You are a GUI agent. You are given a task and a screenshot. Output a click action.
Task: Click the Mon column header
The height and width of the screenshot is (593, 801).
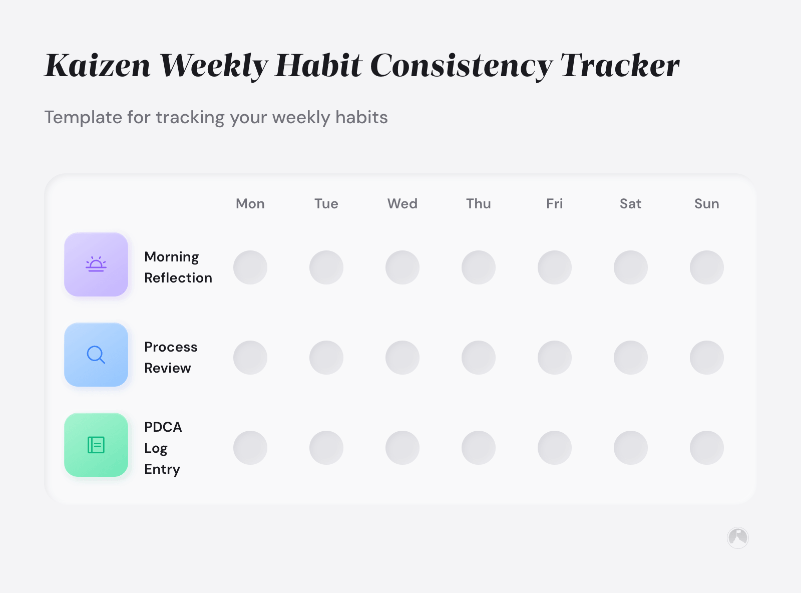[250, 204]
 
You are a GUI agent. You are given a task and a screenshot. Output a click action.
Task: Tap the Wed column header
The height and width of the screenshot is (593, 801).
[403, 204]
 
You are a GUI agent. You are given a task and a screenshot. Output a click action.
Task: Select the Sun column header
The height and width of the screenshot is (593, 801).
[706, 204]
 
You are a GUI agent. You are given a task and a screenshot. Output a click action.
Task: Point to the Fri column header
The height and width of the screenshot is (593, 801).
[554, 204]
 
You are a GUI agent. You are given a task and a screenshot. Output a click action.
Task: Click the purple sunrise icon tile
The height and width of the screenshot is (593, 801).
[96, 264]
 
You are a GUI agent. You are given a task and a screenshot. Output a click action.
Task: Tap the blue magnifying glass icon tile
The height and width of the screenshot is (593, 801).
[96, 355]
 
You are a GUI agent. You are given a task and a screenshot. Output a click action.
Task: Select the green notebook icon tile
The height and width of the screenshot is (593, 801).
[96, 445]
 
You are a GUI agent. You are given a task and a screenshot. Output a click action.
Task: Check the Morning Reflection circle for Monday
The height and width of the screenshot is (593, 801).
[250, 267]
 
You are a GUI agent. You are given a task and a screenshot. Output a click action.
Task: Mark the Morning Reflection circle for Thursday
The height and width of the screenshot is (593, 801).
[479, 267]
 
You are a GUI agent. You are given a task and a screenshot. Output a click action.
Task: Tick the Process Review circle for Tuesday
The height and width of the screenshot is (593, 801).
[326, 358]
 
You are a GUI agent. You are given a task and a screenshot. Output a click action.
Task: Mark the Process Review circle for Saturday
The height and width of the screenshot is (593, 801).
[631, 358]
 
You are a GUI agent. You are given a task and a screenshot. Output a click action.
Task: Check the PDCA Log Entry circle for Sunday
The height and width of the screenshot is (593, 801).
[707, 448]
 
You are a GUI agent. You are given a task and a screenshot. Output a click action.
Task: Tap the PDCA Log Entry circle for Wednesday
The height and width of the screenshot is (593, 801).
[403, 448]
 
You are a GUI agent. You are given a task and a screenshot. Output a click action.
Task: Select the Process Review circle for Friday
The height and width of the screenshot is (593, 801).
[555, 358]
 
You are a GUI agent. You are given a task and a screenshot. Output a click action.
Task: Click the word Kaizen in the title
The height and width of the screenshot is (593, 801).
[98, 66]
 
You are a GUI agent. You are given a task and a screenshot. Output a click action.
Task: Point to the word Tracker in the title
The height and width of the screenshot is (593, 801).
[620, 66]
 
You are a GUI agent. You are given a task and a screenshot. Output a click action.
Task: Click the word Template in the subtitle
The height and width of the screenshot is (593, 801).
[83, 117]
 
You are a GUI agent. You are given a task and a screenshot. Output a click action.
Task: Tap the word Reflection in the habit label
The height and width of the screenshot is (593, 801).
[178, 278]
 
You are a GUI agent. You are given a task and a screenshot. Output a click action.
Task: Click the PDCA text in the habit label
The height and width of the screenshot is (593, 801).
[163, 427]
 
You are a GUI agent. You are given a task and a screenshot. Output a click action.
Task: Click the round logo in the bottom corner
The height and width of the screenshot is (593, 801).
[737, 538]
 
